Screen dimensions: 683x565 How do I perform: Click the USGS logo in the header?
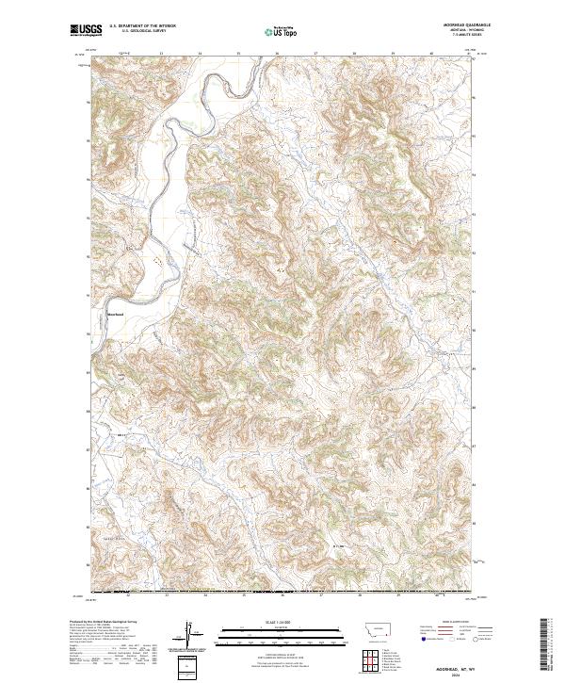85,31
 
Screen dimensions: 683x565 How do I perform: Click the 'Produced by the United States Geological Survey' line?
103,623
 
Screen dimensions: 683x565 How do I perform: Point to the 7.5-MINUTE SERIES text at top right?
472,35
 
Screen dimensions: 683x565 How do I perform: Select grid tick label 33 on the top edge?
162,54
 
